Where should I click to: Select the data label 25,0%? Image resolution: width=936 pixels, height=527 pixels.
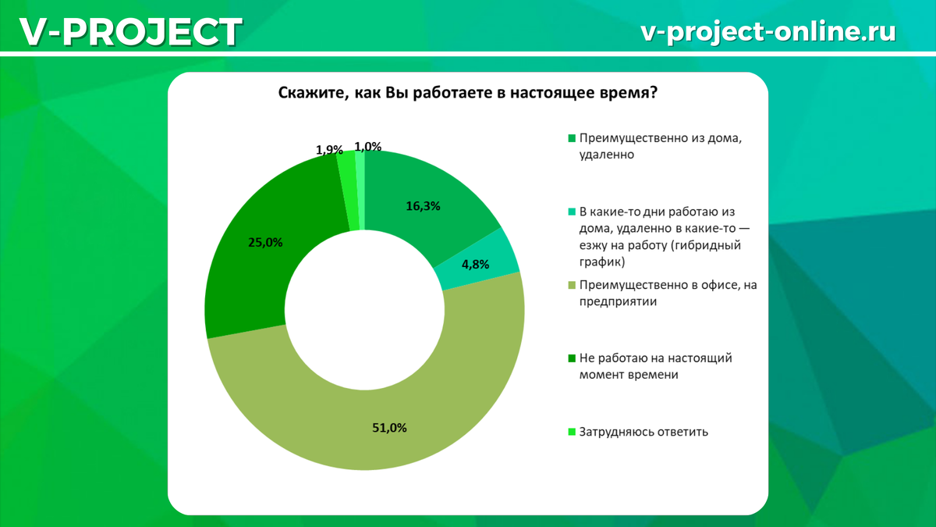click(266, 242)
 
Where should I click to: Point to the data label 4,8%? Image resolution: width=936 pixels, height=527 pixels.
click(475, 265)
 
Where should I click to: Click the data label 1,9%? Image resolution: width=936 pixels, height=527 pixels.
click(329, 149)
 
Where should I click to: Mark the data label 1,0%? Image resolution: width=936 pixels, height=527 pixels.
click(367, 146)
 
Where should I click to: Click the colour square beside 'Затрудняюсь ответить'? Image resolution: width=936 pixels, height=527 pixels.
click(572, 431)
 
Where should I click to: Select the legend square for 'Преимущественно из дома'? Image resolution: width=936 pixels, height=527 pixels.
click(572, 138)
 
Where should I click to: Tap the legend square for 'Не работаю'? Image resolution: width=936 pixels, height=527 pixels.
click(572, 358)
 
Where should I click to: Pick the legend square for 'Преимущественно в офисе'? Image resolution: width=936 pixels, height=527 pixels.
click(572, 286)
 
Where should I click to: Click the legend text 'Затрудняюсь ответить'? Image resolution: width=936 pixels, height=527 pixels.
click(643, 431)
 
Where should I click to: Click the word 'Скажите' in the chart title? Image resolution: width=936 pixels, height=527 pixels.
click(307, 94)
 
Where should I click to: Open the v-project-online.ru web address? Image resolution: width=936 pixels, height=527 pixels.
click(768, 31)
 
